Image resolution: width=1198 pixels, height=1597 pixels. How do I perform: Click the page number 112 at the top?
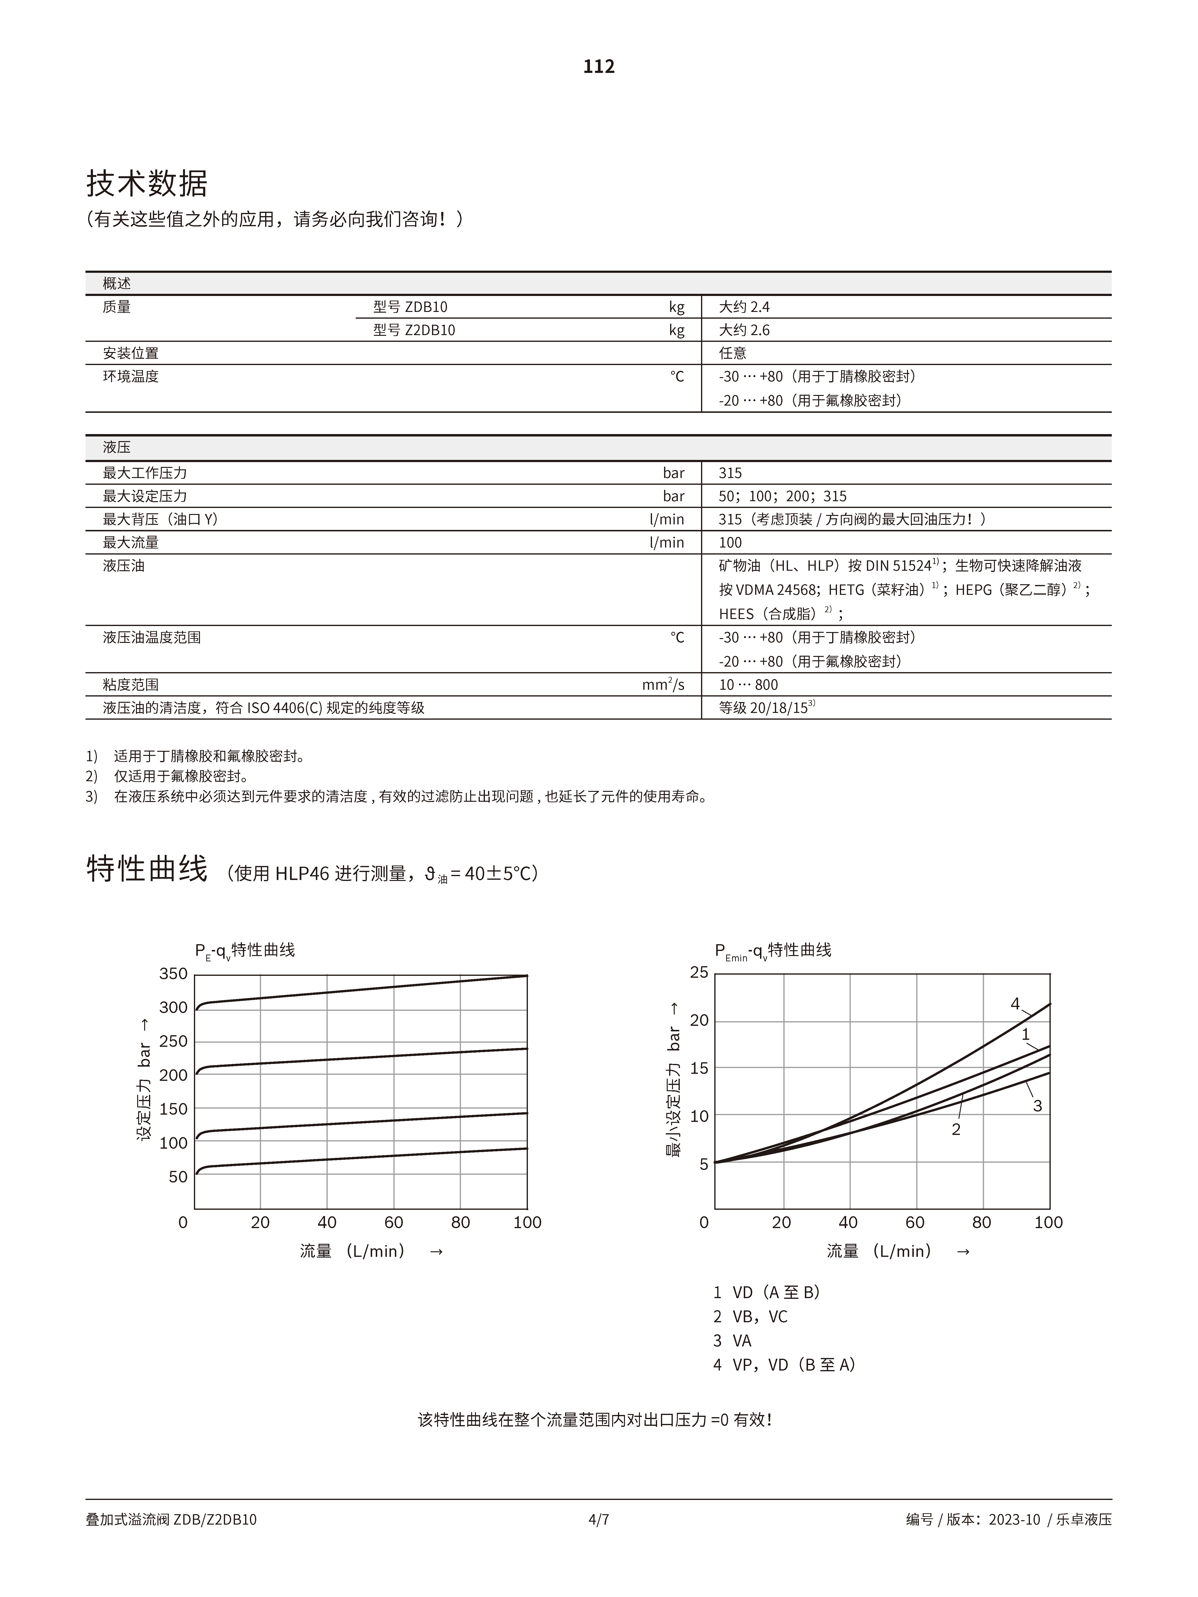pos(599,66)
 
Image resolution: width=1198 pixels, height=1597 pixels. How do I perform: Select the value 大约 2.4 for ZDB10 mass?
pos(744,307)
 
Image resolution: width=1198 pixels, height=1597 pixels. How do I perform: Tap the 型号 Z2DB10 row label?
pos(414,330)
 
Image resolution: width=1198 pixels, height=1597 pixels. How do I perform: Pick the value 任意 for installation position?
pos(732,353)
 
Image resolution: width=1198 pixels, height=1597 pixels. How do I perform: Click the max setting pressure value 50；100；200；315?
pos(782,496)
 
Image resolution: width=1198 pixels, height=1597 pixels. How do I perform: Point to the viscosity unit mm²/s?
pos(663,684)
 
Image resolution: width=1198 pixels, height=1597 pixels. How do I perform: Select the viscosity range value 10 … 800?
pos(748,684)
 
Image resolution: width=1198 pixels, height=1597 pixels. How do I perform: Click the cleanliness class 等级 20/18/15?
pos(766,708)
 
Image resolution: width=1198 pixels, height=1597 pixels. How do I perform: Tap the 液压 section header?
pos(116,448)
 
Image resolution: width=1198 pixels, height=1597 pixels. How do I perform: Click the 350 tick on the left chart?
pos(173,974)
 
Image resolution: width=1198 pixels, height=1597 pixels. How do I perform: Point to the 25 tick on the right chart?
pos(699,972)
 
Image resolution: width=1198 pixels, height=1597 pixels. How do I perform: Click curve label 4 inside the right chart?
pos(1014,1004)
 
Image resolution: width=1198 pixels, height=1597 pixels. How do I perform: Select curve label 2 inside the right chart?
pos(956,1129)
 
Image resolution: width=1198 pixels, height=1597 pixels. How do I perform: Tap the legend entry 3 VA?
pos(732,1341)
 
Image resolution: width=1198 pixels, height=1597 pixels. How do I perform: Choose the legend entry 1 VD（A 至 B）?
pos(766,1292)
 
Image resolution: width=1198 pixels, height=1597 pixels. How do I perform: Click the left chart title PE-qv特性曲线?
pos(245,950)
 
